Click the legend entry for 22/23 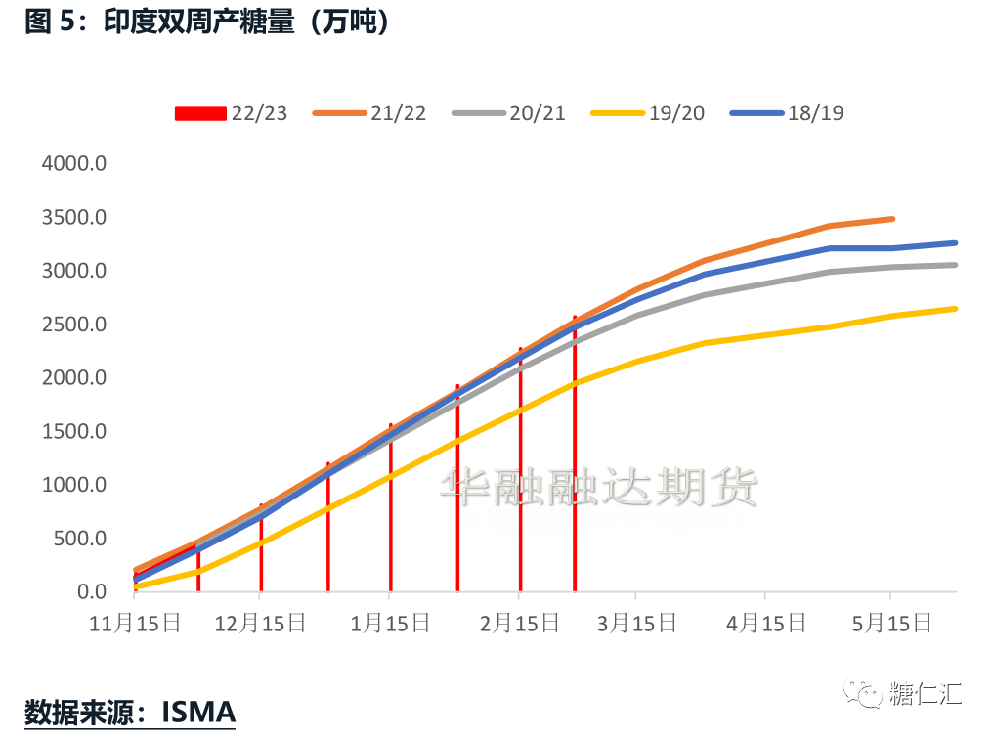[x=232, y=113]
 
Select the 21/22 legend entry [x=370, y=113]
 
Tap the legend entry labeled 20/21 [x=509, y=113]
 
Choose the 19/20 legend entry [x=648, y=113]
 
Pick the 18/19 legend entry [x=787, y=113]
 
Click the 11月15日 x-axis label [x=135, y=623]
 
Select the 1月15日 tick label [x=390, y=623]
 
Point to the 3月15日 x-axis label [x=636, y=623]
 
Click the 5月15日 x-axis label [x=890, y=623]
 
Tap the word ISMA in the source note [x=198, y=712]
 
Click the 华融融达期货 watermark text [x=599, y=486]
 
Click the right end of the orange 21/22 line [x=892, y=219]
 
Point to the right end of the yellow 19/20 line [x=955, y=309]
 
